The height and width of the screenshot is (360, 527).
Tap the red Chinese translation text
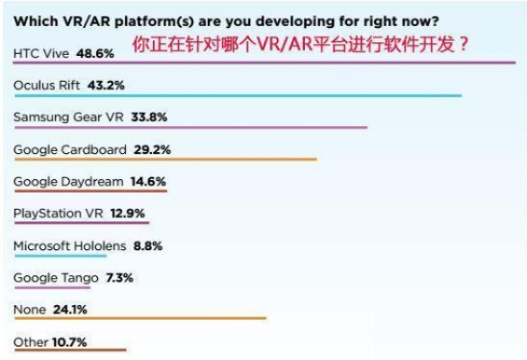pos(301,45)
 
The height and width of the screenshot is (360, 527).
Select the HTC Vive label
pos(39,53)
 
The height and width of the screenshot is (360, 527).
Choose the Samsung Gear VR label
pos(61,117)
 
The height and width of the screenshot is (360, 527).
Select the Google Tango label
pos(55,277)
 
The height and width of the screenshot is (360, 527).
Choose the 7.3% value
pos(118,277)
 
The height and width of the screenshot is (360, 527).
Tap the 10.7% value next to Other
pos(70,342)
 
